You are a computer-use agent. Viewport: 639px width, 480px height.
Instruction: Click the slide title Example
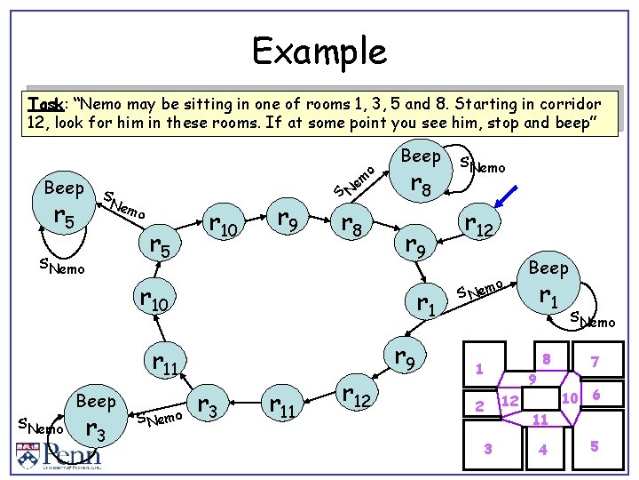pyautogui.click(x=319, y=52)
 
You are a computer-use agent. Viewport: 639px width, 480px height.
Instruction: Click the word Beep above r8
pyautogui.click(x=421, y=156)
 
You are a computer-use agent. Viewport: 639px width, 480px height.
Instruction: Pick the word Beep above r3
pyautogui.click(x=96, y=401)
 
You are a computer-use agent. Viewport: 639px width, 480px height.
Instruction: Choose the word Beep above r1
pyautogui.click(x=548, y=268)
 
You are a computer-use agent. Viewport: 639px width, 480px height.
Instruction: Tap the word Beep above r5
pyautogui.click(x=64, y=188)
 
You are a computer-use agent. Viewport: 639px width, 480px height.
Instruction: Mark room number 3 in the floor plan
pyautogui.click(x=487, y=448)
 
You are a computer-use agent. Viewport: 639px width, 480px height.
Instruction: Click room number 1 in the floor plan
pyautogui.click(x=478, y=368)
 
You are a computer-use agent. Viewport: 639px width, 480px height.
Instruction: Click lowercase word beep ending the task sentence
pyautogui.click(x=566, y=122)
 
